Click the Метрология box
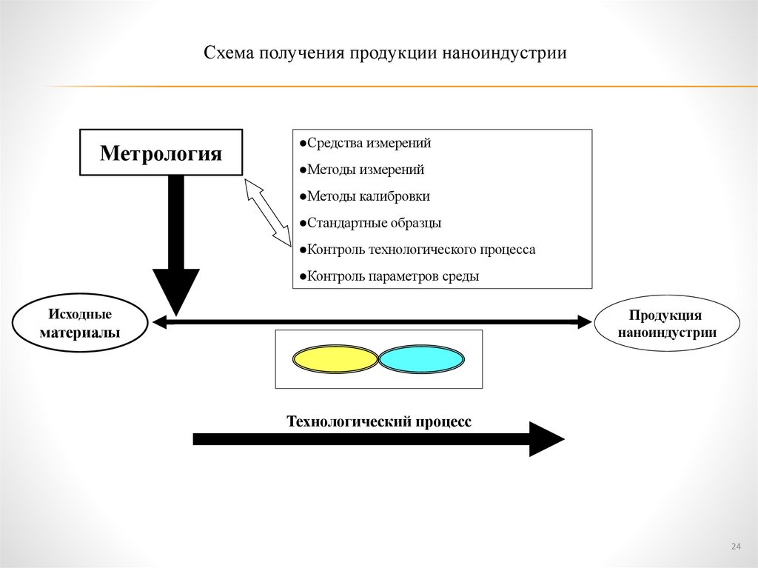[161, 153]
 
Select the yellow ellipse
[336, 359]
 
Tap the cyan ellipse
[422, 359]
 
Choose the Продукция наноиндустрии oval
[666, 324]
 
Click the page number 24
[735, 547]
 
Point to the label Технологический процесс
[378, 421]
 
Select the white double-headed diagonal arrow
[267, 212]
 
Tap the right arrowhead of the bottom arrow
[546, 439]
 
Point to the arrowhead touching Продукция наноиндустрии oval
[585, 322]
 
